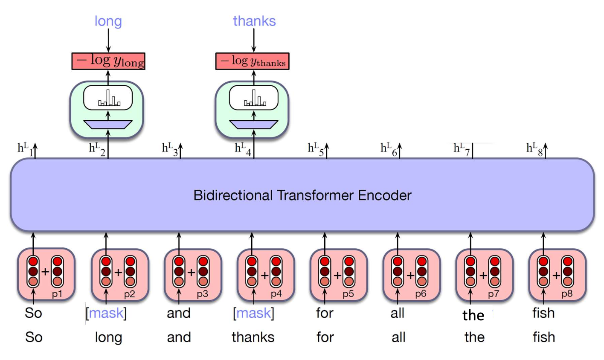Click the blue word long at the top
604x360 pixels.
coord(108,21)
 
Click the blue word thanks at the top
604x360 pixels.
coord(254,21)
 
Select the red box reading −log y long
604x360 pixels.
coord(108,61)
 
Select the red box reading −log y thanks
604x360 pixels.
coord(253,61)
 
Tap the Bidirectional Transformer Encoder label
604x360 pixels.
coord(302,195)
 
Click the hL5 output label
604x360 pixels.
coord(316,149)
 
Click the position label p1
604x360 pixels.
coord(57,294)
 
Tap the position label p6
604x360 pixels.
coord(421,294)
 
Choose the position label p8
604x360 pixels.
coord(567,294)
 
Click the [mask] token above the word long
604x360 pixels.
coord(106,313)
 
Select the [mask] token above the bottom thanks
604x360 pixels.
coord(254,313)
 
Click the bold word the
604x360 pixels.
coord(473,315)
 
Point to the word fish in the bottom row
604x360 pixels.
coord(544,337)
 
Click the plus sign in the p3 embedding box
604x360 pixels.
coord(191,272)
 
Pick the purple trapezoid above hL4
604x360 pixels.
coord(254,124)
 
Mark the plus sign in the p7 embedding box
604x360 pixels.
coord(483,275)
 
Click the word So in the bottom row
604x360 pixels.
coord(34,337)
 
